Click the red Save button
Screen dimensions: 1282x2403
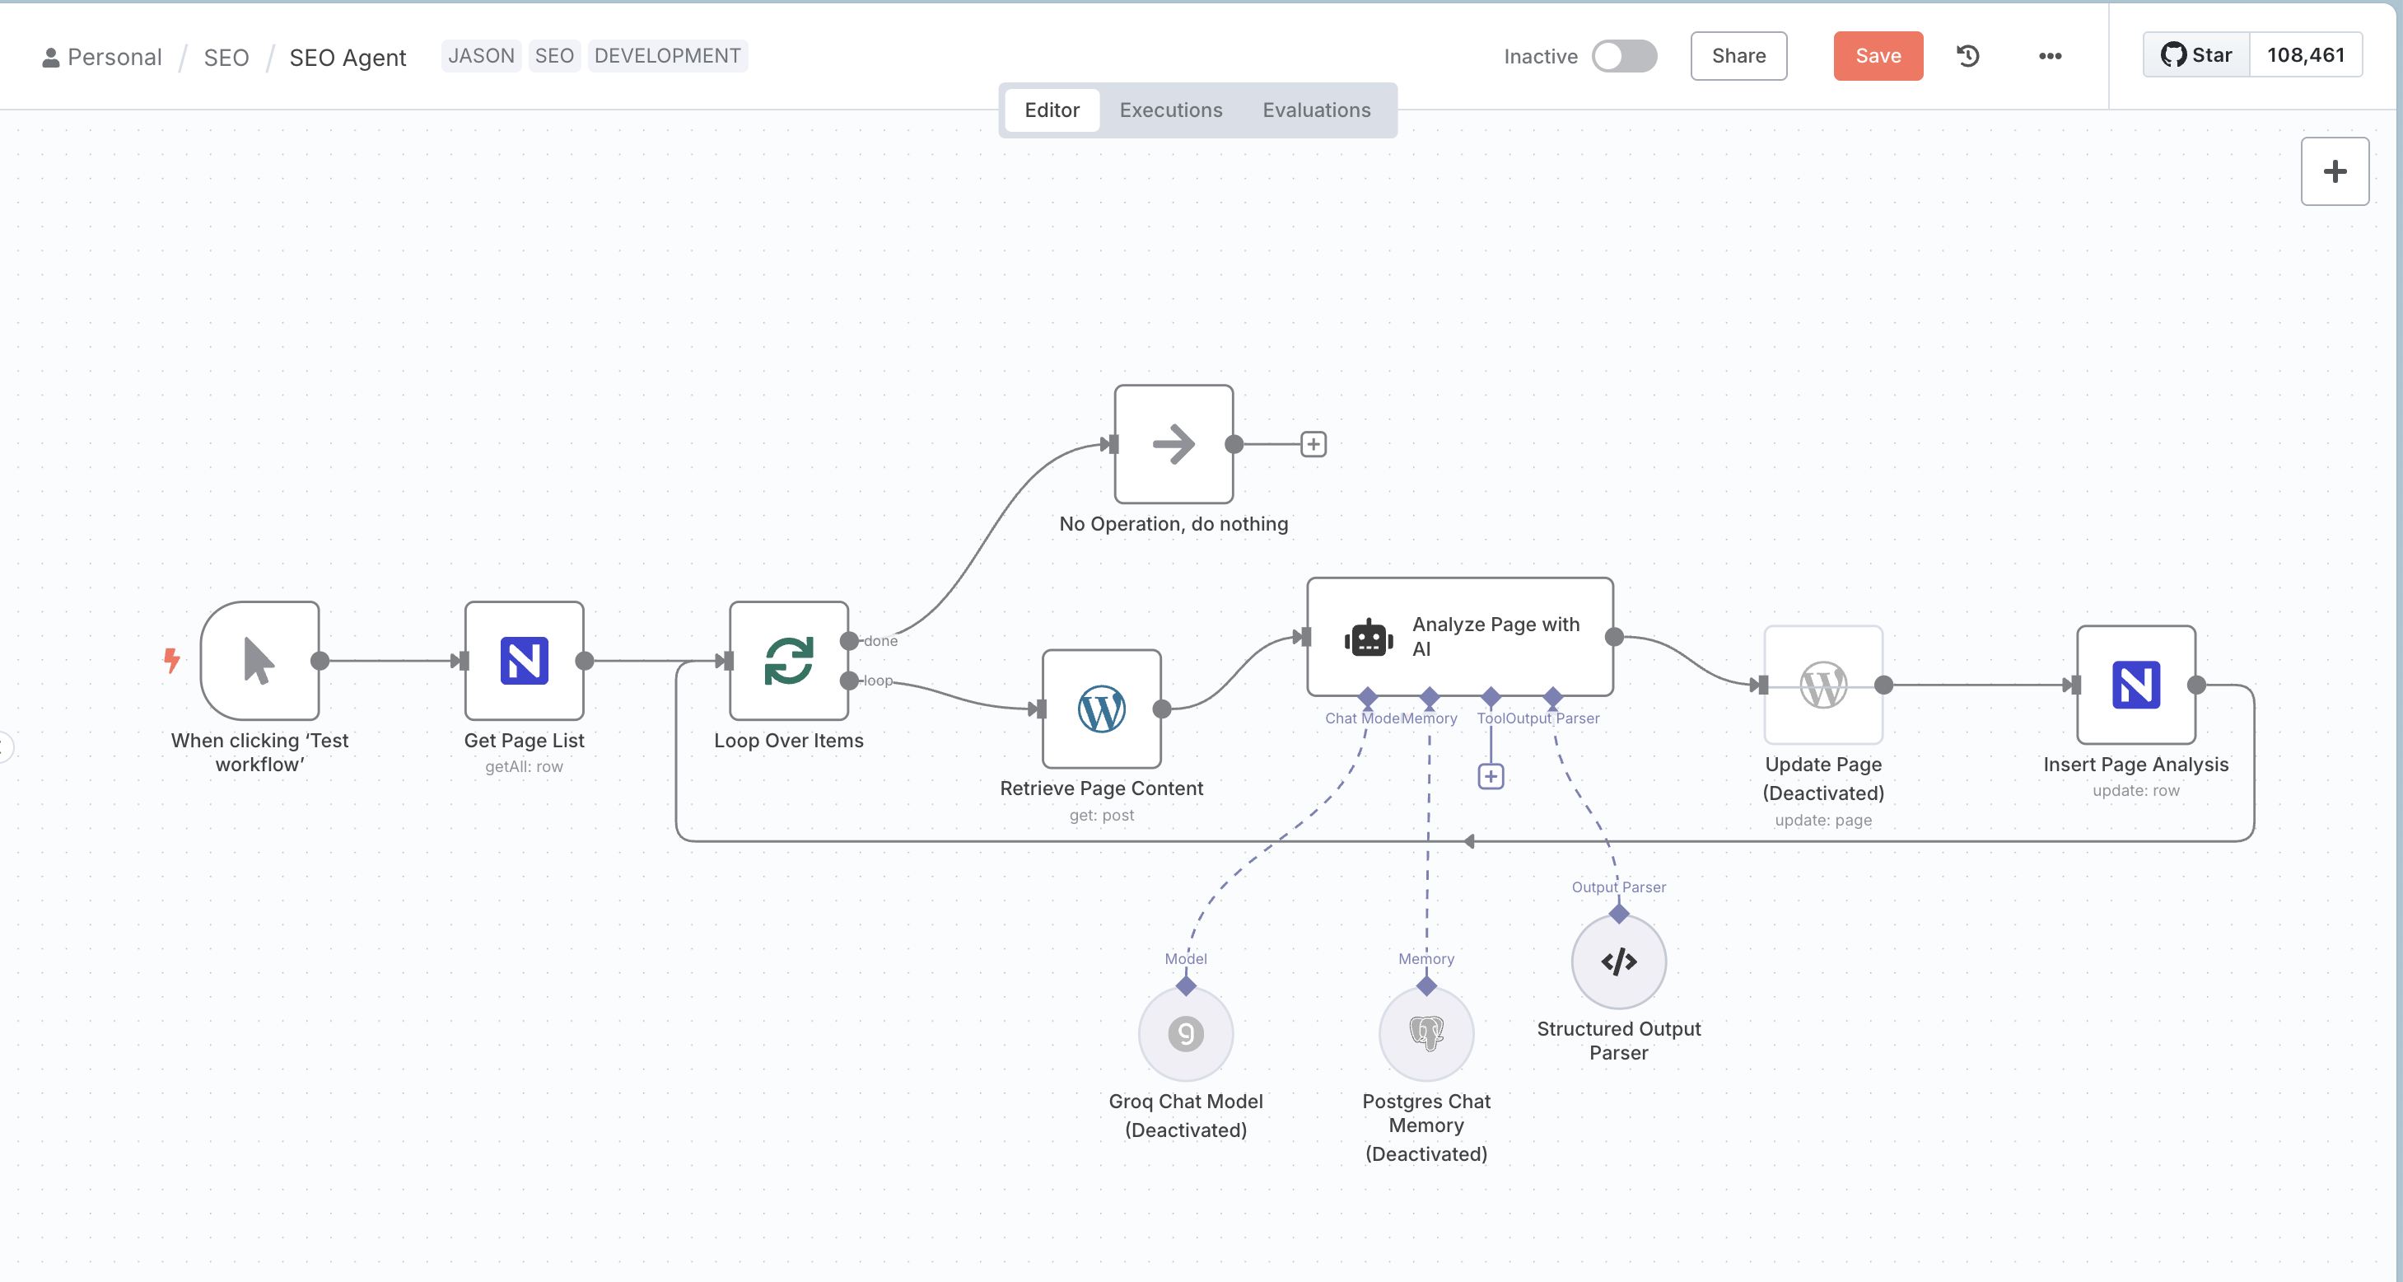tap(1877, 56)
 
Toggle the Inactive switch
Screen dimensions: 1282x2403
tap(1623, 56)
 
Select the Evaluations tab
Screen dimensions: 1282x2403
tap(1315, 110)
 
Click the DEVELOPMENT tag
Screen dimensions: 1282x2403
tap(667, 56)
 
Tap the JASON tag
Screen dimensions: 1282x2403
tap(480, 56)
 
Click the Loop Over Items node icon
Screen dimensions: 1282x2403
tap(788, 661)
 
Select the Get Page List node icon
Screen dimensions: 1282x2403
tap(525, 661)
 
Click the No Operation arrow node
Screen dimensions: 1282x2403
tap(1174, 444)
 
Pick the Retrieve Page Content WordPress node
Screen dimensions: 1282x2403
tap(1101, 709)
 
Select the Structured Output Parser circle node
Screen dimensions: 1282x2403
tap(1617, 961)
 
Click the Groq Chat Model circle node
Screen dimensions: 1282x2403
tap(1185, 1034)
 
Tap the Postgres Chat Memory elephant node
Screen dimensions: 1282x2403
tap(1425, 1034)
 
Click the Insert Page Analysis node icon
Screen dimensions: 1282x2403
tap(2135, 685)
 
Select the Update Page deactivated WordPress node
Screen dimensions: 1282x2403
tap(1822, 685)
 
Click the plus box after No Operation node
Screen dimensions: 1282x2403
tap(1313, 444)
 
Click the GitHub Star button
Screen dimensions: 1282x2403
tap(2196, 55)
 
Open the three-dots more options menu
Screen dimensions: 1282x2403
tap(2049, 56)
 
